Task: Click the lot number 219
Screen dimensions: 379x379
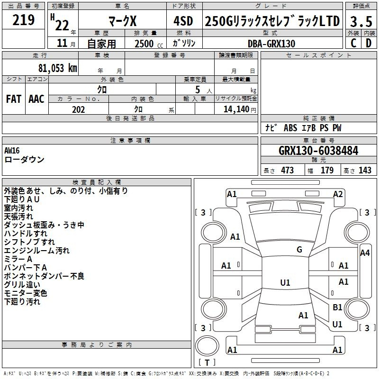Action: click(x=23, y=20)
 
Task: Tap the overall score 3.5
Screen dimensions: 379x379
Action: click(x=361, y=21)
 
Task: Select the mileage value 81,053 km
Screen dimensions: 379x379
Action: click(x=57, y=68)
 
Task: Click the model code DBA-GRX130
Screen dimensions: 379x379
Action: click(x=271, y=44)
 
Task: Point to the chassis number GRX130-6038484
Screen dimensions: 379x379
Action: click(x=318, y=151)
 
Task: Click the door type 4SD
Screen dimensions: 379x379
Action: click(x=183, y=21)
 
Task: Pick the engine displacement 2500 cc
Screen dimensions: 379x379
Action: click(x=149, y=44)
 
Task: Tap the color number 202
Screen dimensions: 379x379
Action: click(x=78, y=109)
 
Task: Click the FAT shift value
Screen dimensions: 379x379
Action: click(x=14, y=99)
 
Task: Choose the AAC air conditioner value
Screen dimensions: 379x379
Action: click(x=36, y=99)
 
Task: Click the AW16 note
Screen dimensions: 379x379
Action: click(x=12, y=151)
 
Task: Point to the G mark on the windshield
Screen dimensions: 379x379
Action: click(x=299, y=250)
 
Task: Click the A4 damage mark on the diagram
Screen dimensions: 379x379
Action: click(x=365, y=253)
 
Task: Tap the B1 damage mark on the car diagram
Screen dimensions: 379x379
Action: click(x=337, y=307)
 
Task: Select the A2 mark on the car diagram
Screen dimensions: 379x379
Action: click(x=338, y=194)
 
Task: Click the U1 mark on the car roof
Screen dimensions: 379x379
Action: click(x=285, y=282)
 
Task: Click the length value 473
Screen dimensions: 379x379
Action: click(x=287, y=170)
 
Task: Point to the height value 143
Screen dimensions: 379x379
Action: click(x=365, y=170)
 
